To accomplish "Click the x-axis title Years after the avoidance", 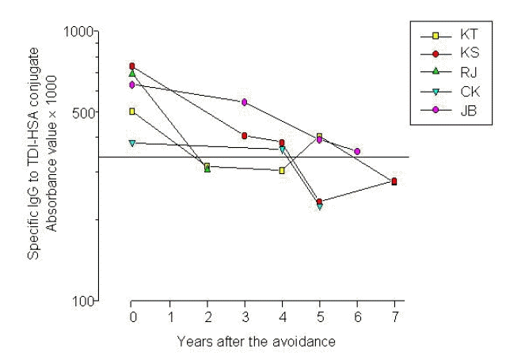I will [x=257, y=342].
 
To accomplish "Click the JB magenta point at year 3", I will [x=245, y=102].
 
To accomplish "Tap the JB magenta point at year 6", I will [x=357, y=151].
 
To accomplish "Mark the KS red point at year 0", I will [x=132, y=66].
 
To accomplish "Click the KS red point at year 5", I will [x=319, y=202].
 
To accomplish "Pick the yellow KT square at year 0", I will [x=132, y=111].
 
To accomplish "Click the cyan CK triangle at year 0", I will [x=132, y=143].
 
